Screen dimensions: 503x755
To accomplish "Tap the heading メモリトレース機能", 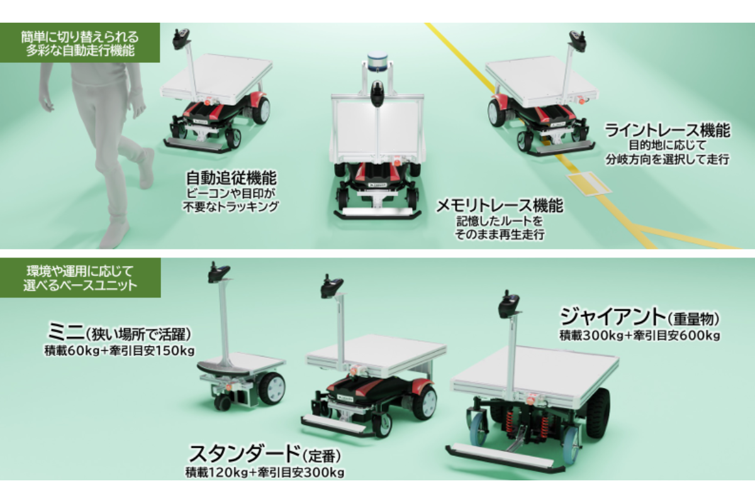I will coord(500,206).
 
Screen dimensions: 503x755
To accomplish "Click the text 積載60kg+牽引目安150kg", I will coord(120,350).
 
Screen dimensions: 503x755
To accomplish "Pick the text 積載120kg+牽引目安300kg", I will coord(265,471).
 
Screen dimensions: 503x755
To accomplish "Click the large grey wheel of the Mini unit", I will coord(271,388).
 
